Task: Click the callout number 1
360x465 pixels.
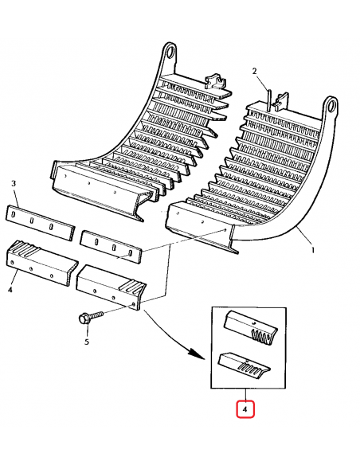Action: (312, 250)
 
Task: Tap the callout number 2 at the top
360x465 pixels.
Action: (256, 72)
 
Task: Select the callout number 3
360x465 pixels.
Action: (14, 184)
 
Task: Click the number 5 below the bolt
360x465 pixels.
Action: (88, 343)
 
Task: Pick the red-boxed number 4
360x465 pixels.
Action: (246, 410)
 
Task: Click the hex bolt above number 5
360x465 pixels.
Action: (85, 318)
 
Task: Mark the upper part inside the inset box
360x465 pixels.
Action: (248, 326)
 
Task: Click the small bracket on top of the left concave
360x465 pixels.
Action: (213, 83)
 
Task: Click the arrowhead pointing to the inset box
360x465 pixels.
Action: (196, 354)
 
